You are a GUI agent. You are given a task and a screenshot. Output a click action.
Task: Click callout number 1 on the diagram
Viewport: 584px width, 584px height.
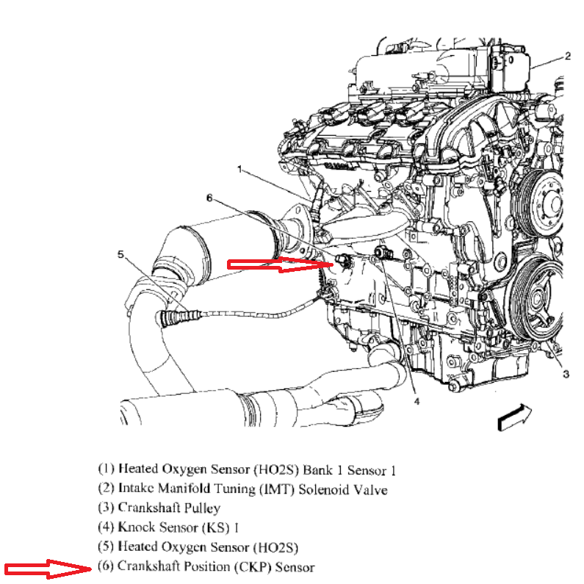pyautogui.click(x=240, y=170)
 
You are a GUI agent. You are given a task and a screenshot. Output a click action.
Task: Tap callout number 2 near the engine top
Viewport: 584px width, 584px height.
pyautogui.click(x=568, y=56)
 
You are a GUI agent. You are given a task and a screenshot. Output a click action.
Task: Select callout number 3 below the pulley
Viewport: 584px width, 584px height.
pyautogui.click(x=566, y=374)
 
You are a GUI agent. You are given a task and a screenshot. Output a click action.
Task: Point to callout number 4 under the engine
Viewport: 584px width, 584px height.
pyautogui.click(x=417, y=401)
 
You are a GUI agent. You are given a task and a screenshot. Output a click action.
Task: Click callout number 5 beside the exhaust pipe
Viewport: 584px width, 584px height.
pyautogui.click(x=120, y=254)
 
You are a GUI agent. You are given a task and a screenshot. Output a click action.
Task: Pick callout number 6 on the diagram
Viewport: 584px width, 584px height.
pyautogui.click(x=209, y=198)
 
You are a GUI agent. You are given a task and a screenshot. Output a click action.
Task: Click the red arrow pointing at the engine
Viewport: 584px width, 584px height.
pyautogui.click(x=280, y=264)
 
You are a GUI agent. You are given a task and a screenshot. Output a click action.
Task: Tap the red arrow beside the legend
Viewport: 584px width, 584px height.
pyautogui.click(x=48, y=569)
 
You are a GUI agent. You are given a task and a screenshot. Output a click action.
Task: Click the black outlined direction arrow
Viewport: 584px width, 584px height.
pyautogui.click(x=515, y=417)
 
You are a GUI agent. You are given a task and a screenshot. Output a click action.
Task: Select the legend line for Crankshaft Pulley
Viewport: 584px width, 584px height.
pyautogui.click(x=159, y=508)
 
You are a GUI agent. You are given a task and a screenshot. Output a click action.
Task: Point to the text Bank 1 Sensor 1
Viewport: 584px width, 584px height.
pyautogui.click(x=350, y=469)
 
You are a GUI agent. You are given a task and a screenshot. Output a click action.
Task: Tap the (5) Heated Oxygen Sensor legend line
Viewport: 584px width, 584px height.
pyautogui.click(x=198, y=547)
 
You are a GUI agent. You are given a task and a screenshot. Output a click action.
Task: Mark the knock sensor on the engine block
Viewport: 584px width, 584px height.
pyautogui.click(x=383, y=253)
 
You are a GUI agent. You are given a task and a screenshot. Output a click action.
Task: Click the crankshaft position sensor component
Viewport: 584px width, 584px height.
pyautogui.click(x=343, y=261)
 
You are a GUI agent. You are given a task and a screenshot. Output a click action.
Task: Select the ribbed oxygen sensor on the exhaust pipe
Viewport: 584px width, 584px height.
pyautogui.click(x=178, y=317)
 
